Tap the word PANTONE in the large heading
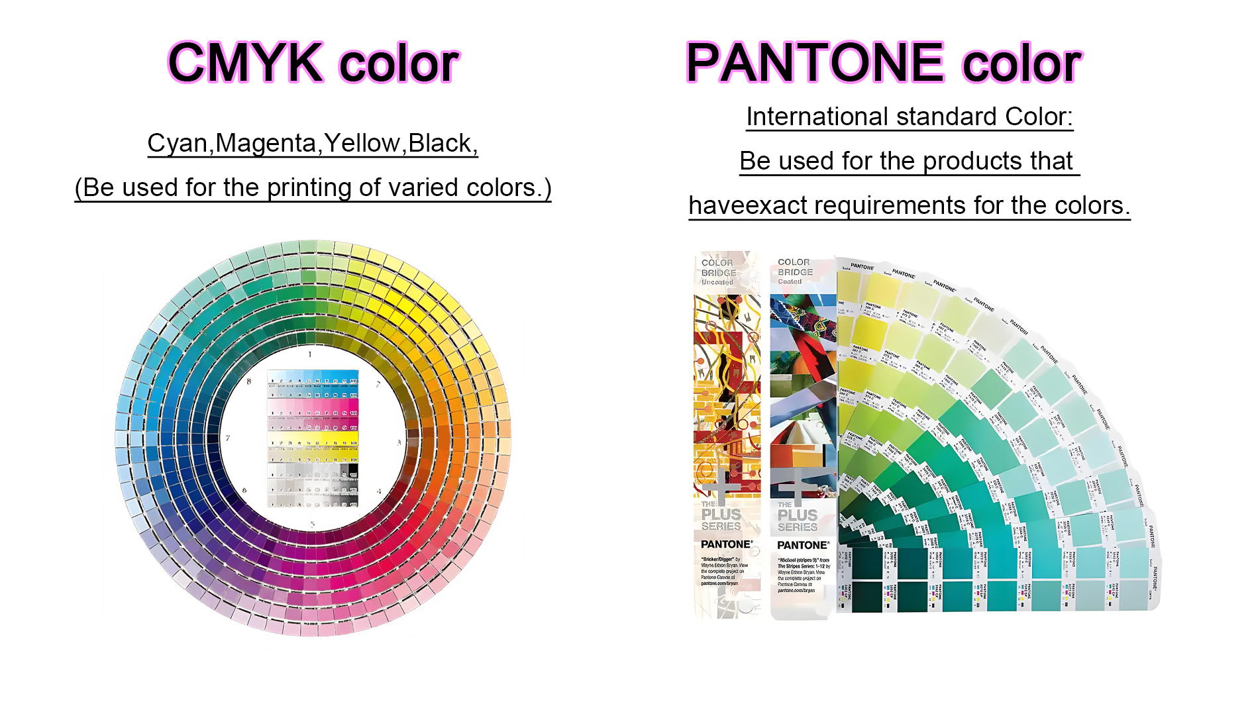[x=815, y=63]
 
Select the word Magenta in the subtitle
[x=266, y=143]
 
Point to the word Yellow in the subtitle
[x=362, y=143]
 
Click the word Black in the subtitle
[x=440, y=143]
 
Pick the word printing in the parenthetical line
[x=309, y=188]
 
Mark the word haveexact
[x=748, y=205]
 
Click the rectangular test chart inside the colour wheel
[x=313, y=438]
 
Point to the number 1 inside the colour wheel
[x=309, y=355]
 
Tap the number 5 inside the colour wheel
[x=313, y=525]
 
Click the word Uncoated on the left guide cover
[x=717, y=282]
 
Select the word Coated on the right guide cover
[x=790, y=281]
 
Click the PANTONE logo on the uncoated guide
[x=727, y=544]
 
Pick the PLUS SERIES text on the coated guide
[x=798, y=521]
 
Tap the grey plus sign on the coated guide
[x=796, y=489]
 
